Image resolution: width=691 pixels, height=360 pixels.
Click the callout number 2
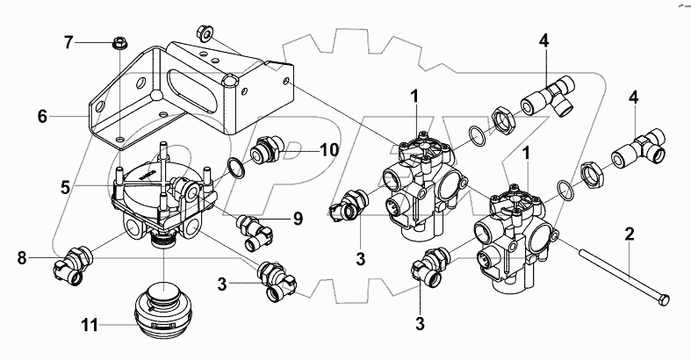point(630,234)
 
